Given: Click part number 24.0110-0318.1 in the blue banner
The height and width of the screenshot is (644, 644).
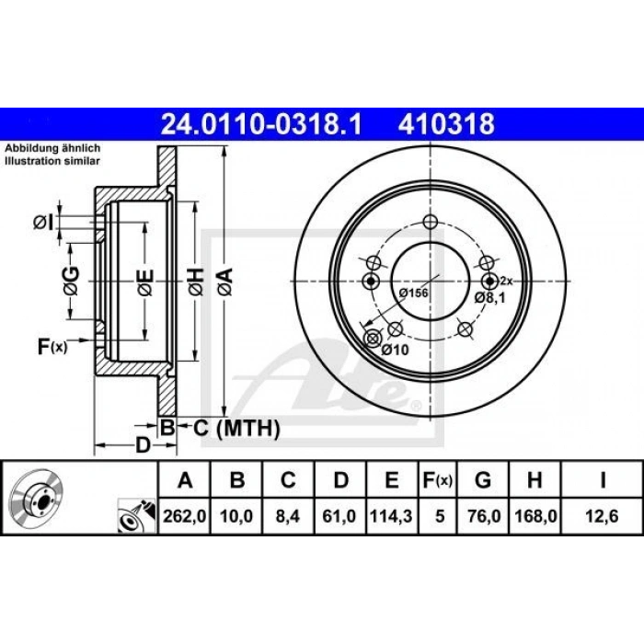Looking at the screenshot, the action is (x=261, y=123).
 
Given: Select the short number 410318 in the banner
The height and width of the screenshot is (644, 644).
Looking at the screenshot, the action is (x=446, y=123).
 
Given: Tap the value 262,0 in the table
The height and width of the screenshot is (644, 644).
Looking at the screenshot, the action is (x=184, y=516).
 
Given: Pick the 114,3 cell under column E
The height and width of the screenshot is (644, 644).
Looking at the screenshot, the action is (x=391, y=516).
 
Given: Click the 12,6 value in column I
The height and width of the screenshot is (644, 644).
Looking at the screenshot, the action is (x=602, y=516).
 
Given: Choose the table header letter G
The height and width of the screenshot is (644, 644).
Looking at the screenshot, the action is (x=483, y=479).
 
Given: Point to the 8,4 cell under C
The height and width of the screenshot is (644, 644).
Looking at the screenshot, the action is (x=288, y=516).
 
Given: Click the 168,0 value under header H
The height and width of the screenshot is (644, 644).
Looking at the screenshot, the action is (x=535, y=516).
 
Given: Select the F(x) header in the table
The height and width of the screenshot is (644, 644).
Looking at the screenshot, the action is (x=437, y=479).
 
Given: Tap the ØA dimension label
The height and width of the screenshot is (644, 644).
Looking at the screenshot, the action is (x=225, y=282).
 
